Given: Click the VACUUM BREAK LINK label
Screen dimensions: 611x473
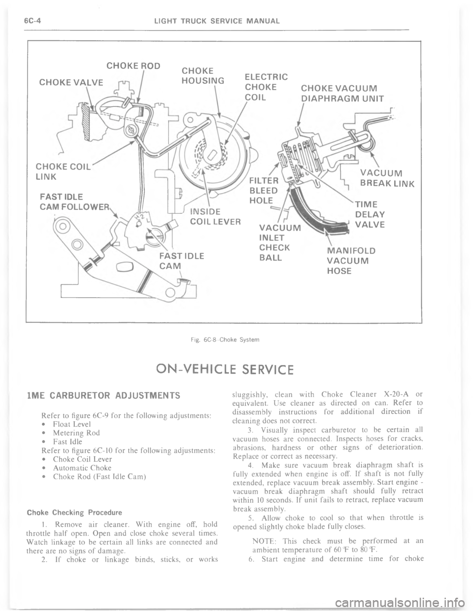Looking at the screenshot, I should [386, 178].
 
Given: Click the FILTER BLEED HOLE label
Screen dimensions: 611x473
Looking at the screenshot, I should [265, 190].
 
